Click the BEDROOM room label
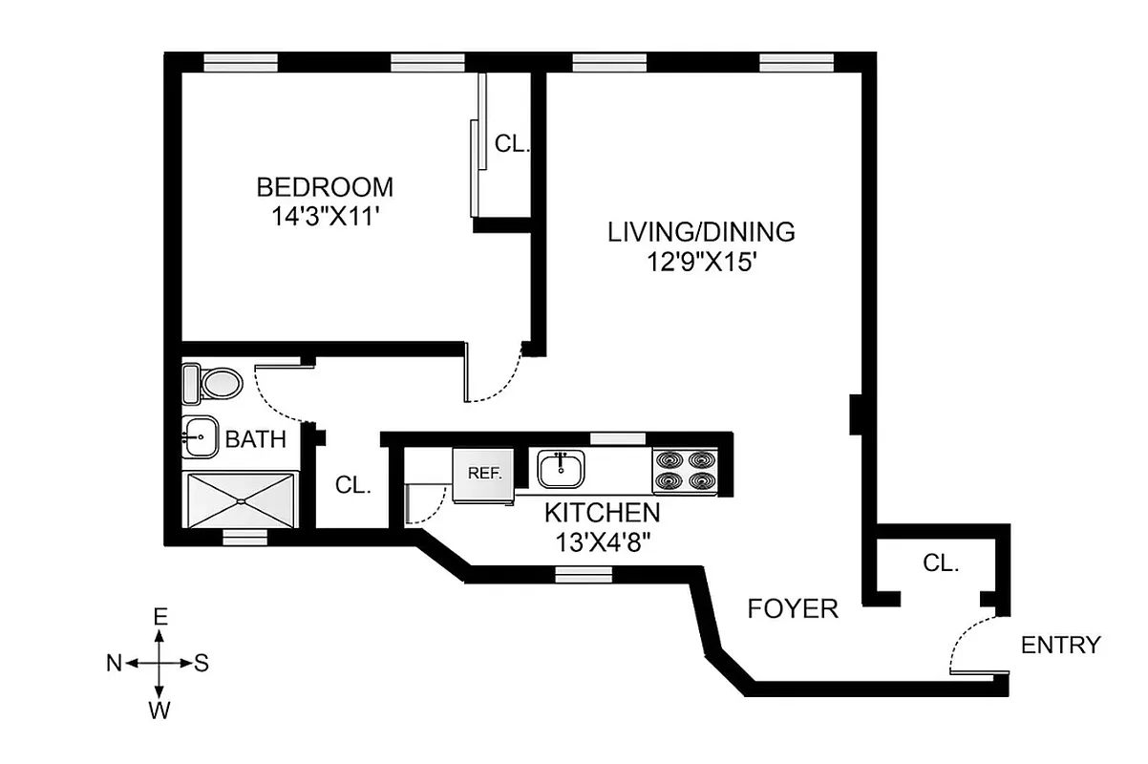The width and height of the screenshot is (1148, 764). tap(325, 186)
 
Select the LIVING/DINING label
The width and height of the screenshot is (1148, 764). tap(701, 232)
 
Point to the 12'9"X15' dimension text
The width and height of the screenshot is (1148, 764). tap(701, 261)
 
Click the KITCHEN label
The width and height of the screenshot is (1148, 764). tap(602, 513)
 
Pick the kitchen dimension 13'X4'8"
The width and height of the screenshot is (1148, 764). tap(602, 542)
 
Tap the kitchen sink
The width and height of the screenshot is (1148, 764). tap(560, 469)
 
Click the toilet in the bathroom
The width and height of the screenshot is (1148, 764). tap(212, 385)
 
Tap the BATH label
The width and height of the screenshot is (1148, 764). tap(255, 440)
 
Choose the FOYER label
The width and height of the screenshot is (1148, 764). tap(793, 608)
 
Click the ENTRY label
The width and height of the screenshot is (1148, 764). tap(1060, 646)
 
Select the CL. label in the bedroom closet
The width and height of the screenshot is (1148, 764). tap(512, 144)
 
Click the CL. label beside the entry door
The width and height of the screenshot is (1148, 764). tap(941, 563)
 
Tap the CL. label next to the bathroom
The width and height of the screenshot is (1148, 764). tap(352, 485)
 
